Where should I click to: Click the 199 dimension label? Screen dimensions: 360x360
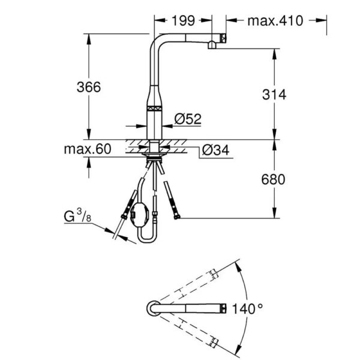point(184,20)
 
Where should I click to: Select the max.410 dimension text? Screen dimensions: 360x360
point(275,20)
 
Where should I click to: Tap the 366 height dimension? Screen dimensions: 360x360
point(89,87)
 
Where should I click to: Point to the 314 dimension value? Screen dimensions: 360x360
point(274,94)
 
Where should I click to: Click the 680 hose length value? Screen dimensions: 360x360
point(273,179)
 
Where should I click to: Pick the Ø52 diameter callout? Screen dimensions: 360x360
point(188,119)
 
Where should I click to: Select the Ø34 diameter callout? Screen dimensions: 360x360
point(215,151)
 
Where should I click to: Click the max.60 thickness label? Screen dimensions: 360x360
point(88,149)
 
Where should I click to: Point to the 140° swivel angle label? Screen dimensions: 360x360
point(247,309)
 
